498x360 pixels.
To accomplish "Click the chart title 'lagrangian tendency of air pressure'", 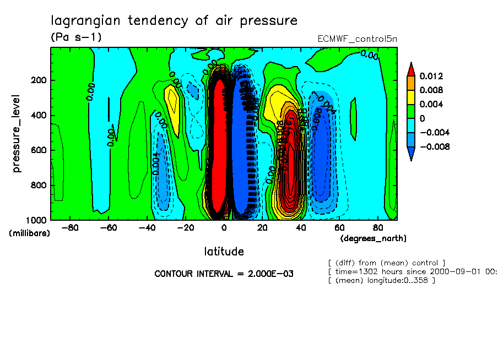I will [174, 21].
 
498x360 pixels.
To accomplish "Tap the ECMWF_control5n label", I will [357, 39].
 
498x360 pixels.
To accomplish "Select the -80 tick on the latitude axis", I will [69, 227].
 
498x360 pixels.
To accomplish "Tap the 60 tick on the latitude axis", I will [339, 227].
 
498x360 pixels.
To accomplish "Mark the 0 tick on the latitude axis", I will [224, 227].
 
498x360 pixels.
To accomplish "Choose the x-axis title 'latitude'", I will [224, 252].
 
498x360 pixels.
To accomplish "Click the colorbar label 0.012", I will [431, 76].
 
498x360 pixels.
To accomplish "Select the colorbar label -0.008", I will [434, 146].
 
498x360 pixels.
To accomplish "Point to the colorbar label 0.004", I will [431, 104].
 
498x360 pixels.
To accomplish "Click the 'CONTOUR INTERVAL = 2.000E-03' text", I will [224, 274].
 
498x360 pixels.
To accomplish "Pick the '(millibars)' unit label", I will [29, 233].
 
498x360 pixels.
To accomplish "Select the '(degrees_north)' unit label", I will [373, 238].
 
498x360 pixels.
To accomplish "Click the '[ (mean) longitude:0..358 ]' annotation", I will [381, 281].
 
